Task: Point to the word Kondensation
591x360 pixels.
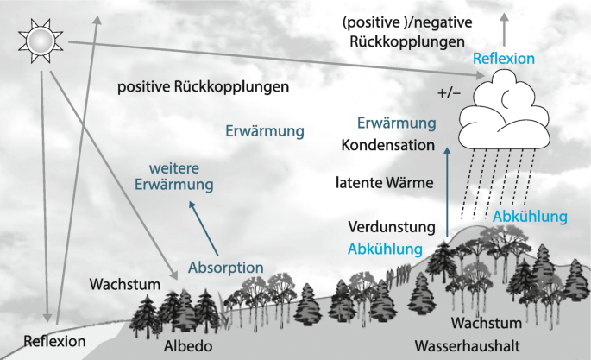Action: click(387, 145)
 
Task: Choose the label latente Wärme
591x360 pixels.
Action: click(384, 183)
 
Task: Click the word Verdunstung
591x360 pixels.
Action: click(390, 228)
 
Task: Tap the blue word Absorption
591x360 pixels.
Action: click(225, 267)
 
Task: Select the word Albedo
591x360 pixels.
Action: click(184, 345)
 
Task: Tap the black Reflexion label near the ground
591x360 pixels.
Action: click(55, 341)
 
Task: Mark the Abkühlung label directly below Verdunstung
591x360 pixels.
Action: click(386, 249)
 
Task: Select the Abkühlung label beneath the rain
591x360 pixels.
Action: click(530, 216)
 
